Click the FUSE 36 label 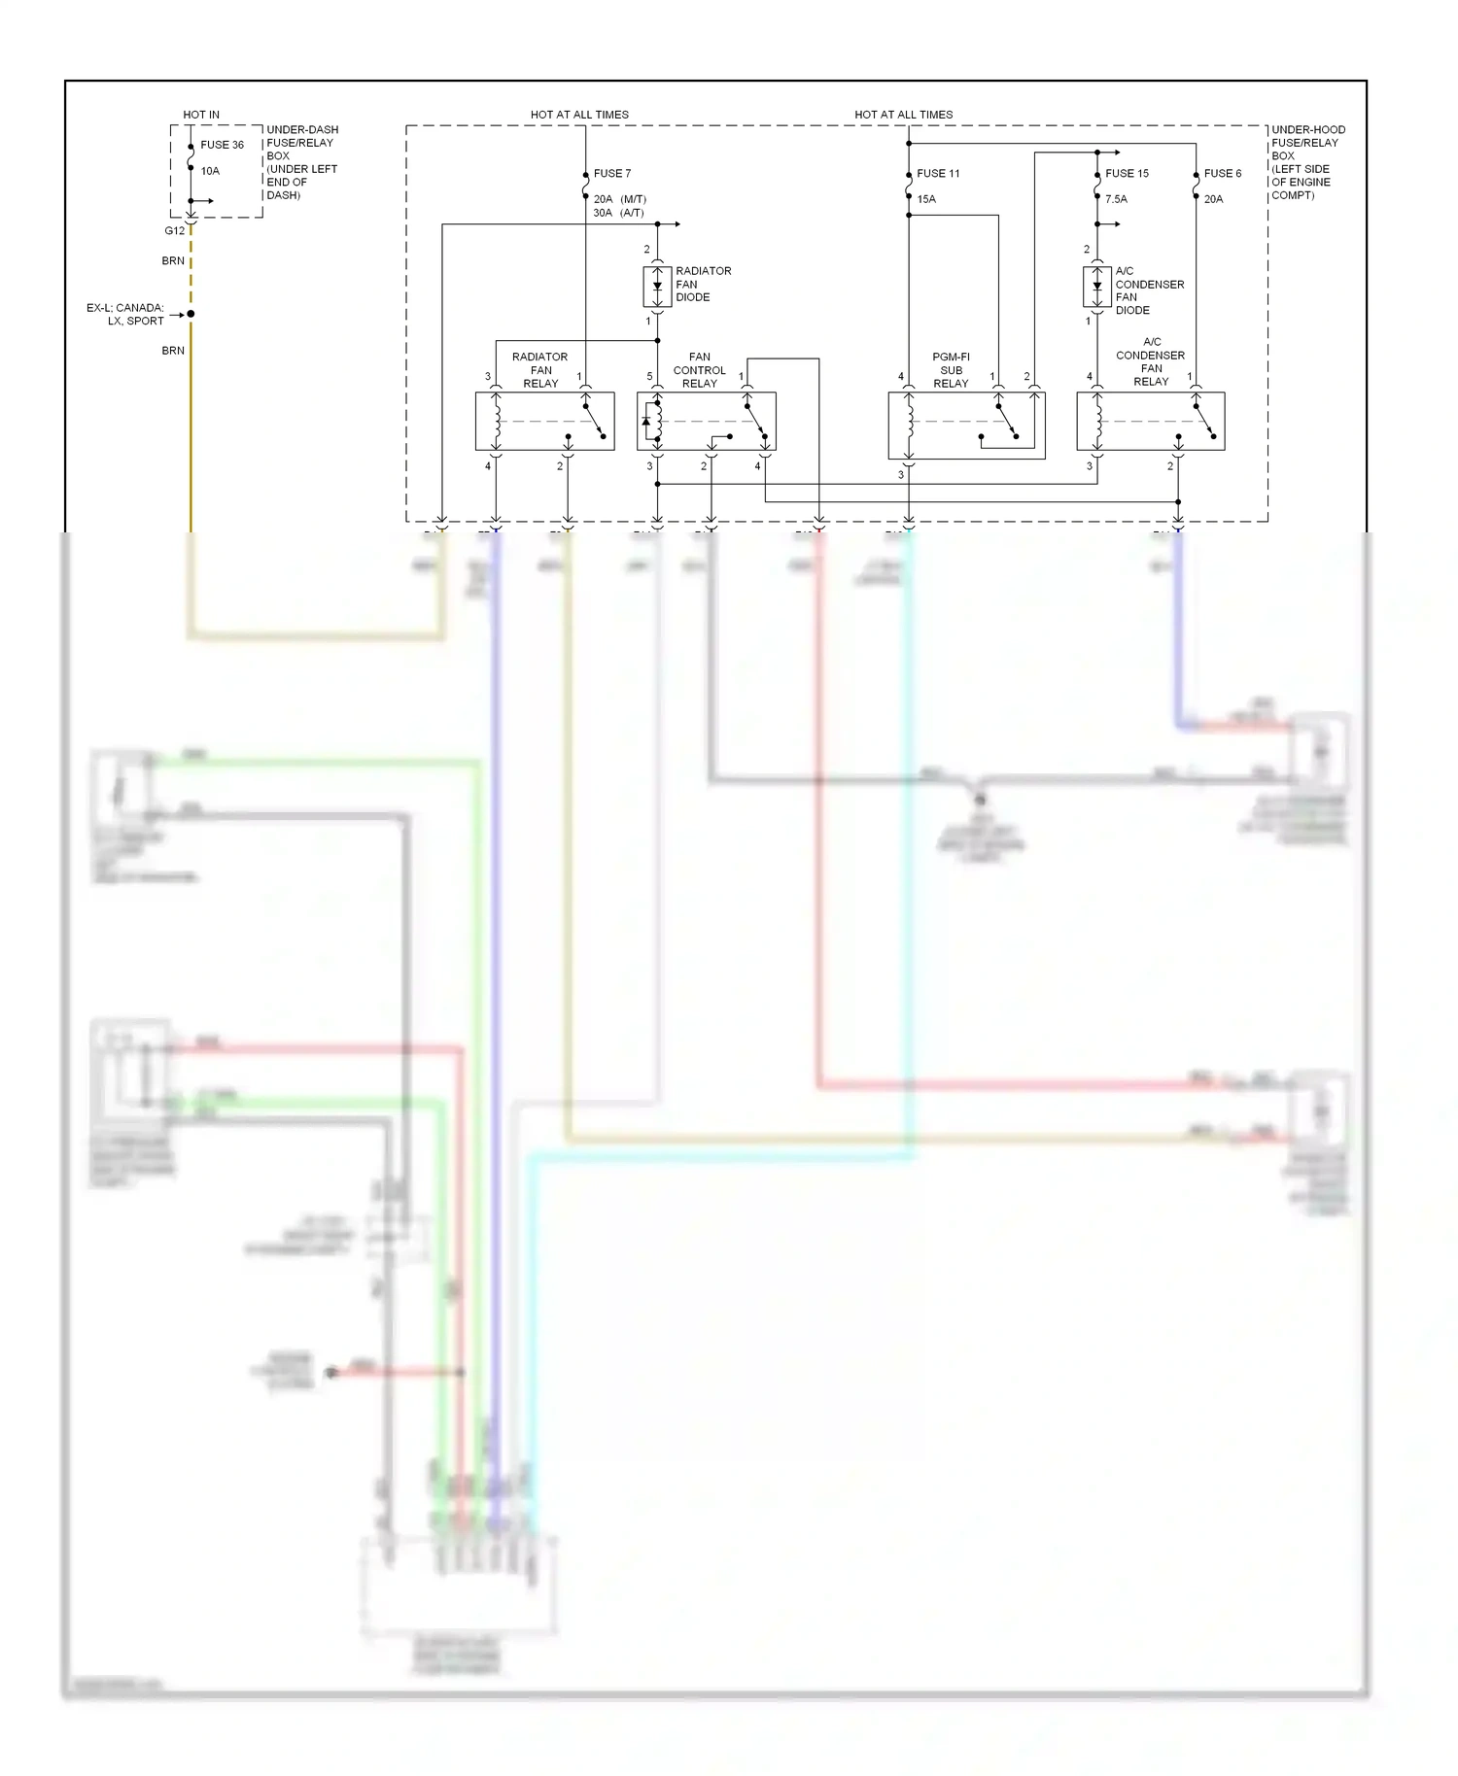tap(222, 145)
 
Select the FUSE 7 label tap(611, 173)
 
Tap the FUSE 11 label tap(937, 173)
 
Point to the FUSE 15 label tap(1126, 173)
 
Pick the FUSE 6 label tap(1222, 173)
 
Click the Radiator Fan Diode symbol tap(657, 287)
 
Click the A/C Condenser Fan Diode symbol tap(1096, 287)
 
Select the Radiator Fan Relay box tap(544, 421)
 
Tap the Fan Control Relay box tap(706, 421)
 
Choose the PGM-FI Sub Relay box tap(966, 425)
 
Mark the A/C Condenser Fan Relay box tap(1150, 421)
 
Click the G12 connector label tap(174, 230)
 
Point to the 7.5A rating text tap(1116, 199)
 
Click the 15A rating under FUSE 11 tap(925, 199)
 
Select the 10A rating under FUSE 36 tap(210, 171)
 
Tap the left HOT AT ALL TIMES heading tap(579, 115)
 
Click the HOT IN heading tap(201, 115)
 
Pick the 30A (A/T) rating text tap(618, 213)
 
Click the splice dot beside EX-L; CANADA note tap(191, 314)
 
